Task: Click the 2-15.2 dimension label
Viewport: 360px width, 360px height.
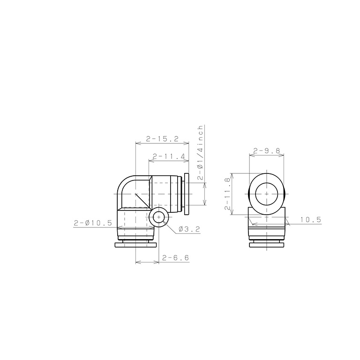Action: tap(162, 139)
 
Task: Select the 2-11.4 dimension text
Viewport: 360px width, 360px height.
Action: tap(168, 157)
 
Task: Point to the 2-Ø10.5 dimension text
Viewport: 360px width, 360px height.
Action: tap(92, 223)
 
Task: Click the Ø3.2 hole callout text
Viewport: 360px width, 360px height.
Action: tap(189, 230)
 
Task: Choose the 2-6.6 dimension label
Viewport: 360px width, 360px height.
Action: tap(175, 257)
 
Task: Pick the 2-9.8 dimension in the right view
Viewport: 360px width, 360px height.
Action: tap(266, 151)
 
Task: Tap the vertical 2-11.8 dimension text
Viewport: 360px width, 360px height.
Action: tap(228, 193)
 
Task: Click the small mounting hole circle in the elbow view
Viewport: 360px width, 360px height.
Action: tap(159, 218)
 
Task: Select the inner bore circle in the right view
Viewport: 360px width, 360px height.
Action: tap(266, 193)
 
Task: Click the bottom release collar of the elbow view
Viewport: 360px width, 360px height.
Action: tap(135, 245)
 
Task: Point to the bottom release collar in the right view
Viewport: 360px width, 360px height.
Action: tap(266, 245)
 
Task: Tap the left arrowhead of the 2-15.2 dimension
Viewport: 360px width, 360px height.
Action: tap(137, 144)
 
